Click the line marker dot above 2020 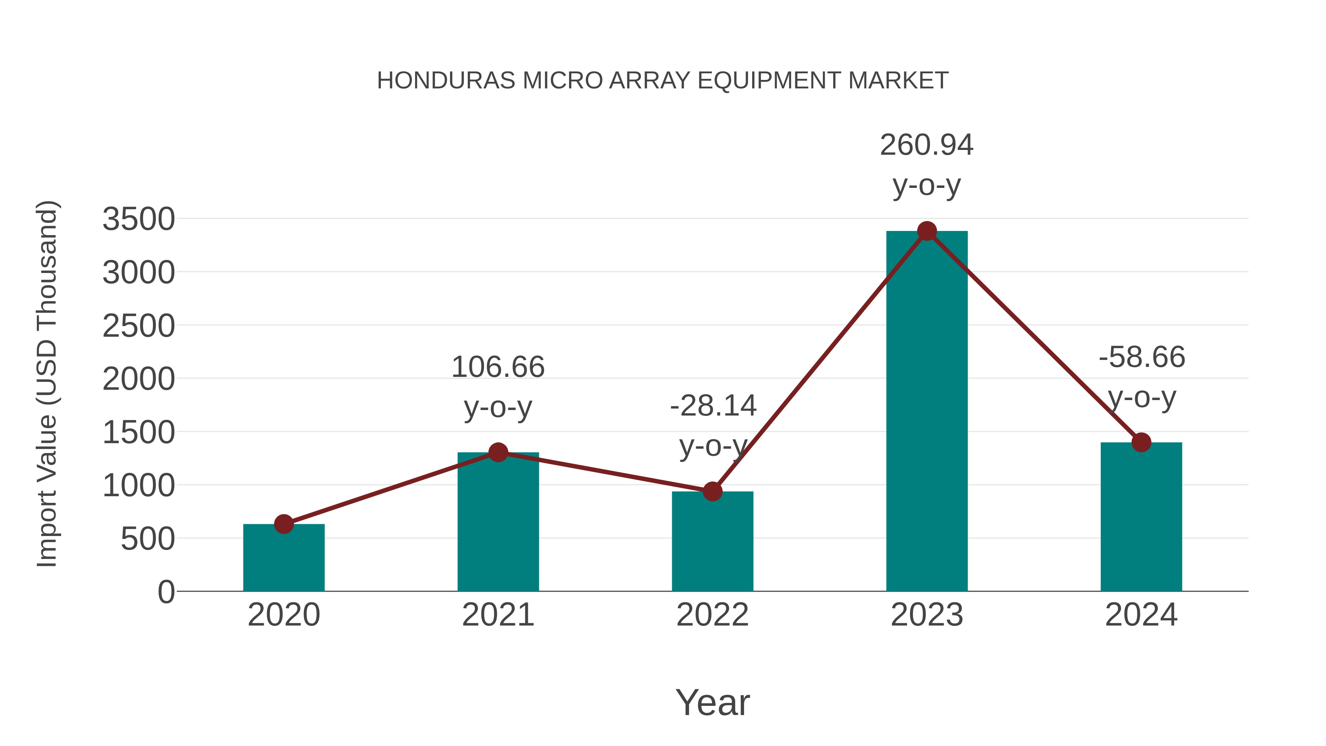284,524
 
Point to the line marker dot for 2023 927,231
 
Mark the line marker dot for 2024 1141,442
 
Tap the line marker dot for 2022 712,492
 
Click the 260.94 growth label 927,145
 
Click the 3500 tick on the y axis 138,219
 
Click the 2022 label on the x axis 712,615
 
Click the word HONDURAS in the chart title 446,81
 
